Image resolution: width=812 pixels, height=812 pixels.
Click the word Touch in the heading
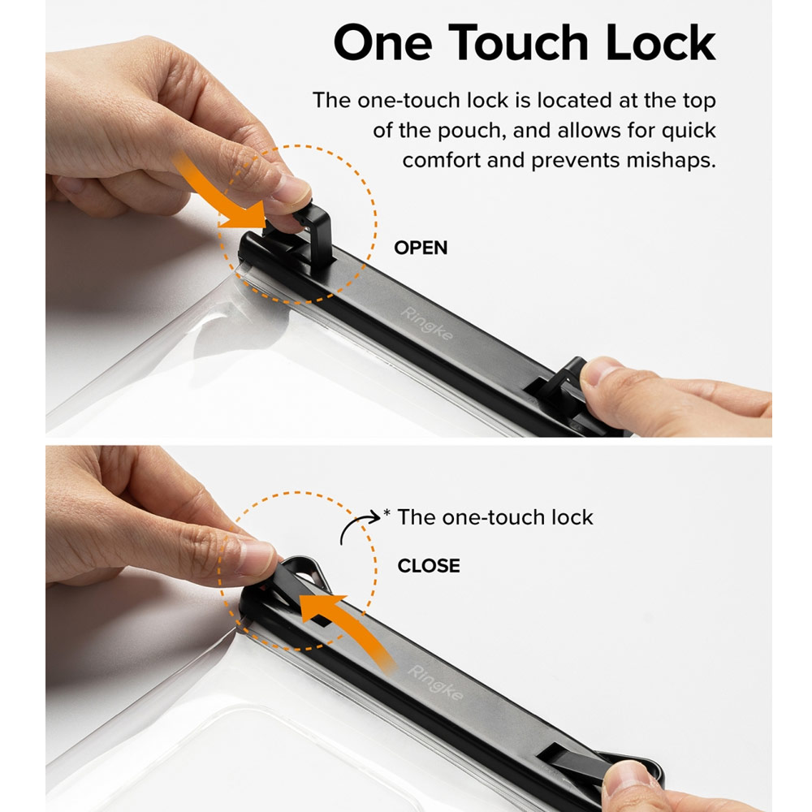coord(518,42)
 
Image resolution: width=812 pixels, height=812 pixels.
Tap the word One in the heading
coord(382,42)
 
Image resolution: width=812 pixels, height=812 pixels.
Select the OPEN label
coord(421,248)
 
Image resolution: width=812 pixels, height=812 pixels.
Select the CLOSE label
coord(428,565)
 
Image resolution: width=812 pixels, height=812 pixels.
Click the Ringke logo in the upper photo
coord(427,324)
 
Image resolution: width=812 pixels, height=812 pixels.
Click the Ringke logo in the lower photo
coord(434,683)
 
